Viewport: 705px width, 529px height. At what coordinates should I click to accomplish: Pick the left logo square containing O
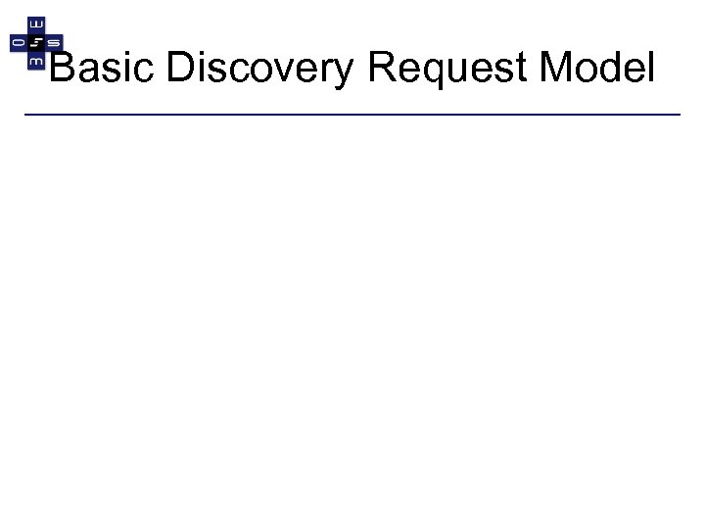18,42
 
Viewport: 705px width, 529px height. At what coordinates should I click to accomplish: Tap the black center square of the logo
35,42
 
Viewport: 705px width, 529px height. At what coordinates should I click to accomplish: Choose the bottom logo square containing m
35,60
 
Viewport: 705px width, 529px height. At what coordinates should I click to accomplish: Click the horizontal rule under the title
352,115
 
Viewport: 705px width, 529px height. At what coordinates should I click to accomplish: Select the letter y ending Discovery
351,73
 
